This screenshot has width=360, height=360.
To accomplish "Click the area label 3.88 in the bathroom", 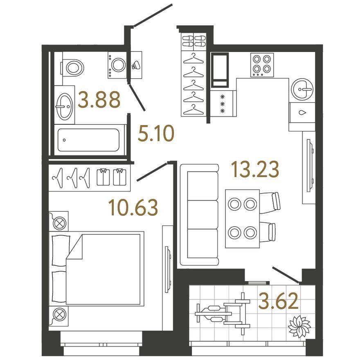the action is (99, 100).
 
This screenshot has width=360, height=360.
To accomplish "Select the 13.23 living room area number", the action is (255, 169).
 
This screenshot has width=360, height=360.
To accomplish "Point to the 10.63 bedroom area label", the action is (133, 207).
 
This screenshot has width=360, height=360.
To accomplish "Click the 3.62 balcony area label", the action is (278, 301).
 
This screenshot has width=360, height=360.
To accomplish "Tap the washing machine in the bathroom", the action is (117, 65).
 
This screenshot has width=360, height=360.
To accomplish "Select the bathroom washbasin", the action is (65, 106).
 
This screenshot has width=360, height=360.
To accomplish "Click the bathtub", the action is (89, 140).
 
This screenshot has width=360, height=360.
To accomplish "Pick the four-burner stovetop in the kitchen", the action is (262, 65).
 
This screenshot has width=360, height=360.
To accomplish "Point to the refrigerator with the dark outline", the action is (220, 70).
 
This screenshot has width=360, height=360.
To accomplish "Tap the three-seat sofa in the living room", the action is (199, 215).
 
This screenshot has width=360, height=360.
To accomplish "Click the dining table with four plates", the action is (243, 218).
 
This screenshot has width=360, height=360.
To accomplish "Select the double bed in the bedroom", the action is (97, 269).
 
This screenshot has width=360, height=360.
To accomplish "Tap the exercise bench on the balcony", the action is (223, 314).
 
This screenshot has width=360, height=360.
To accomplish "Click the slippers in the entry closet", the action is (194, 41).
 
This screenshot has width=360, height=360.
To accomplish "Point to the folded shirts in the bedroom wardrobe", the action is (112, 177).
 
